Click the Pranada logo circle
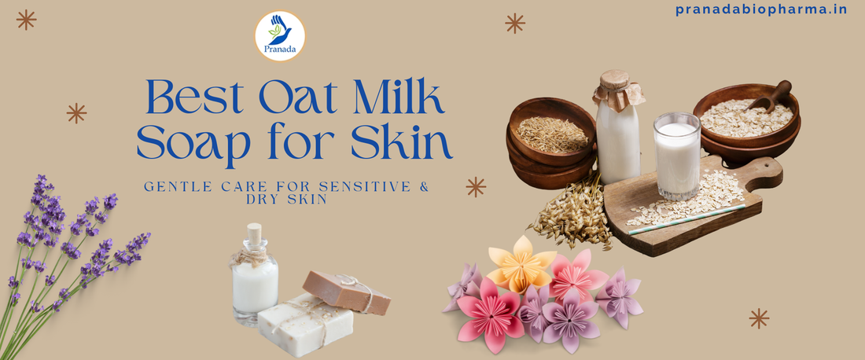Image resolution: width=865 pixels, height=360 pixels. (280, 36)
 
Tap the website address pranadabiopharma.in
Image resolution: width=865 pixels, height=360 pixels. (761, 9)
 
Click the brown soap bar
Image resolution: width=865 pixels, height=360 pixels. (346, 292)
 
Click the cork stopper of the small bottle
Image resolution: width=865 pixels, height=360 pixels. (253, 234)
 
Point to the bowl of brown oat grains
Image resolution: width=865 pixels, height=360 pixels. (553, 134)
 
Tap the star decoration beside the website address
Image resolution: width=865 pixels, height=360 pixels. (515, 23)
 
